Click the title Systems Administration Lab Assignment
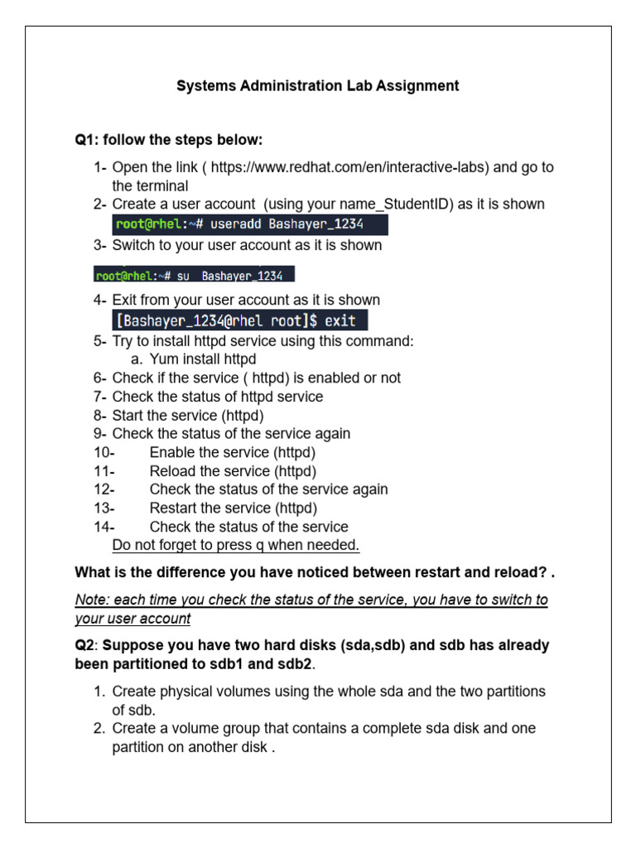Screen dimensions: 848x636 [318, 85]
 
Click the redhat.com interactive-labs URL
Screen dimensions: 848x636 [348, 167]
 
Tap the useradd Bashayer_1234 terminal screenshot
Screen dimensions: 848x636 [250, 225]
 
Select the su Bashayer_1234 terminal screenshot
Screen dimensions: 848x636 [195, 275]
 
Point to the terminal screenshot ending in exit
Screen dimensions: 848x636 [240, 320]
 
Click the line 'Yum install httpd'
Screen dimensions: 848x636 [203, 359]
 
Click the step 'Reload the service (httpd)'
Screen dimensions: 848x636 [233, 471]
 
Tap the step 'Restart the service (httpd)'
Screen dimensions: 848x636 [234, 508]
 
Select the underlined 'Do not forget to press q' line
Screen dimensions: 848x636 [236, 545]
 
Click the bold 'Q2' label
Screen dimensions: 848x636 [86, 645]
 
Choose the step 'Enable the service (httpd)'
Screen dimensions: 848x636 [233, 453]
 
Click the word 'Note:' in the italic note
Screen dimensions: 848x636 [92, 600]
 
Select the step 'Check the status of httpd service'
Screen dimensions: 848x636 [218, 397]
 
